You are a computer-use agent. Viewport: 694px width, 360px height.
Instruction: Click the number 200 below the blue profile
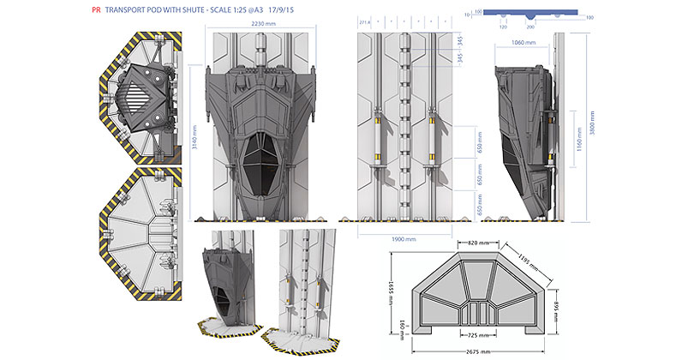[x=531, y=27]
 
